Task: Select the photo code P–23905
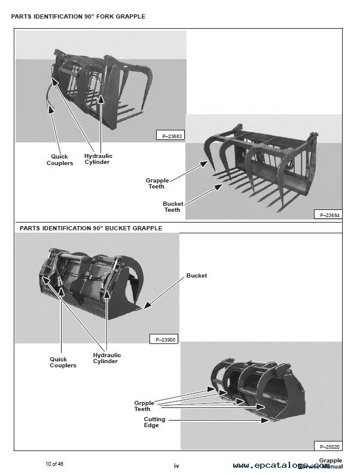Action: (163, 339)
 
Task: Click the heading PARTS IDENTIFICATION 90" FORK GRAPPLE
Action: (78, 16)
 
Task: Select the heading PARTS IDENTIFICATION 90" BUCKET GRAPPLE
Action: (90, 228)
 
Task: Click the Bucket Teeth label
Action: (173, 207)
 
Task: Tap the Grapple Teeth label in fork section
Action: (157, 183)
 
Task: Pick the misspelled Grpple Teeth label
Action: (146, 406)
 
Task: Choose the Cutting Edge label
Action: (154, 423)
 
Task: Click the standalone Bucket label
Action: (197, 276)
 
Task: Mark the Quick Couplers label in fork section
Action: (60, 160)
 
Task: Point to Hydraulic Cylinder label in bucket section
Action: (106, 358)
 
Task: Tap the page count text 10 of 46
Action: (56, 464)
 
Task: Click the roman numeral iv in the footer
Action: (176, 465)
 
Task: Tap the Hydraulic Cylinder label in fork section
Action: (97, 159)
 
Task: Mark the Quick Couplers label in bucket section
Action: (63, 363)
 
